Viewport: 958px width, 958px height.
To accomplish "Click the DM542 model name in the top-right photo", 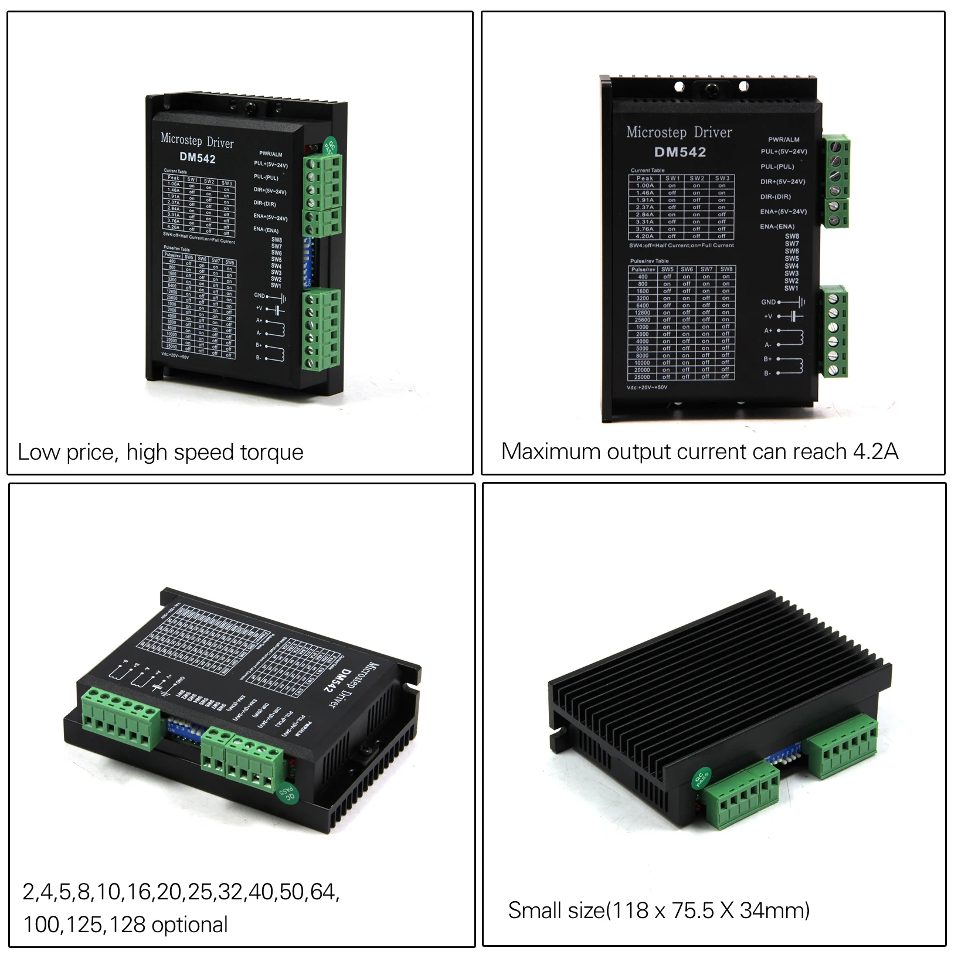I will (x=680, y=152).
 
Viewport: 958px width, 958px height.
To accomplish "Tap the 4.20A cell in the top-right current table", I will (x=644, y=236).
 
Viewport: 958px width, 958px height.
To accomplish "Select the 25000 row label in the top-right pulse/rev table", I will (x=642, y=377).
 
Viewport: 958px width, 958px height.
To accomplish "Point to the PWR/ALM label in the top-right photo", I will (x=783, y=140).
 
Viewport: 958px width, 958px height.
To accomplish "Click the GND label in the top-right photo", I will (x=768, y=302).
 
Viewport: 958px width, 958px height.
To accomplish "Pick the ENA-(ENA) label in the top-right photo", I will (x=777, y=226).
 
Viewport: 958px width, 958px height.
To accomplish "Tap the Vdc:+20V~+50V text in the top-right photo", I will (x=647, y=388).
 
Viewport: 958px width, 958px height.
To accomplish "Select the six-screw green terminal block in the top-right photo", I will (x=834, y=331).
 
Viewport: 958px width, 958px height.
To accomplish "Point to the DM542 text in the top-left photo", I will (x=198, y=158).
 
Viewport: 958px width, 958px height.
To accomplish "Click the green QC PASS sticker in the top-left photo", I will (x=330, y=147).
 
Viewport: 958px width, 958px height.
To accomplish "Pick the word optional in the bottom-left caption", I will (x=189, y=925).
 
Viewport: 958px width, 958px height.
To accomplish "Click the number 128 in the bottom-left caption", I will (x=128, y=925).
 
